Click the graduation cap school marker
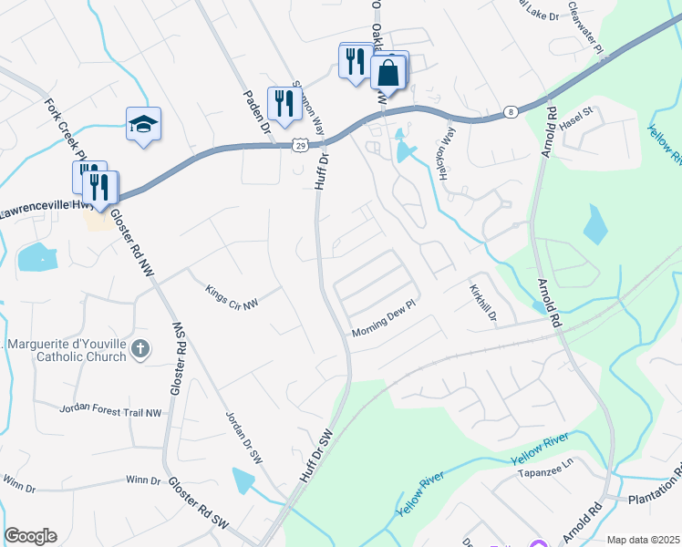click(144, 124)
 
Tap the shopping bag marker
click(388, 72)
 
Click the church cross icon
click(139, 347)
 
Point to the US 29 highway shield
click(299, 144)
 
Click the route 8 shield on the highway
click(510, 112)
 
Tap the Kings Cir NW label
click(232, 297)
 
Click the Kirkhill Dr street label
click(482, 304)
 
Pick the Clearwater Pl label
click(584, 26)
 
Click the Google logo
click(30, 536)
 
